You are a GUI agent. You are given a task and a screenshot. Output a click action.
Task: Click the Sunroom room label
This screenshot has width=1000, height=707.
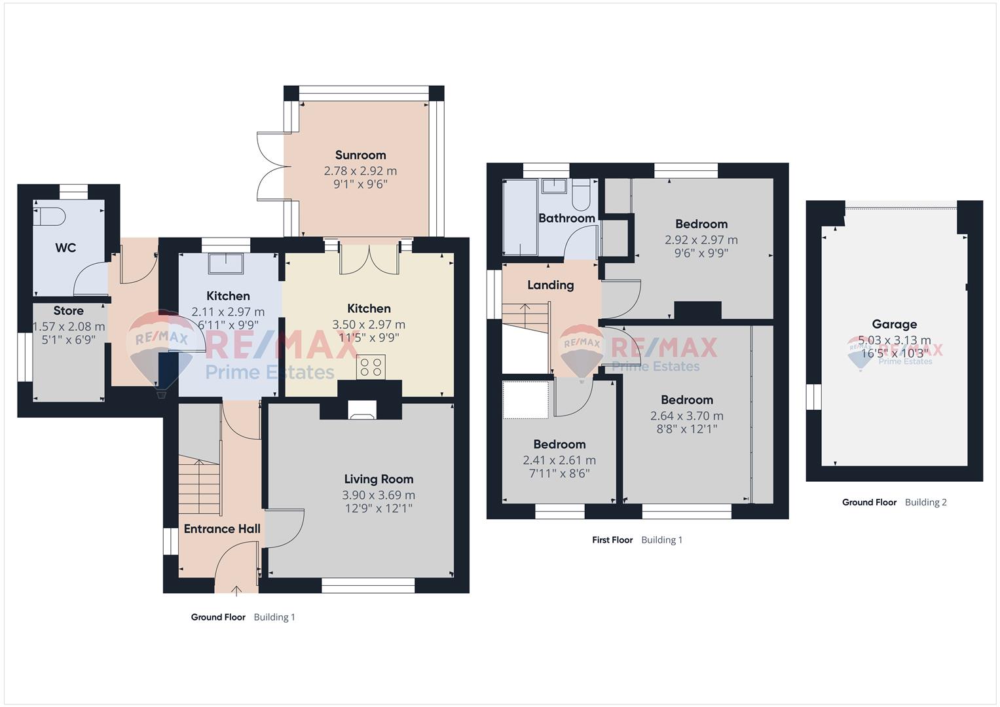pos(360,155)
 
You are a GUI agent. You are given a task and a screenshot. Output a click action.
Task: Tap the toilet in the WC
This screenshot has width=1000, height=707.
pos(49,217)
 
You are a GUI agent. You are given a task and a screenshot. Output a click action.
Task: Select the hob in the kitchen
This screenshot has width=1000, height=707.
pos(371,367)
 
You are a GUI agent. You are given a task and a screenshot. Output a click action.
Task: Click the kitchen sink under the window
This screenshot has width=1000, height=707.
pos(226,263)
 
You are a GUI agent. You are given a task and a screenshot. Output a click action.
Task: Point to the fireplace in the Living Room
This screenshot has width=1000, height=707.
pos(362,410)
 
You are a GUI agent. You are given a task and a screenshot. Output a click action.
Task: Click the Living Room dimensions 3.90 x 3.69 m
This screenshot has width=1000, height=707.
pos(379,495)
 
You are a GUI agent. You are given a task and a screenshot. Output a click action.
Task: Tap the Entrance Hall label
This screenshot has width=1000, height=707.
pos(222,529)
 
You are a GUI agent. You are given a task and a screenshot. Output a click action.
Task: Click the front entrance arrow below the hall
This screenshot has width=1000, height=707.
pos(236,591)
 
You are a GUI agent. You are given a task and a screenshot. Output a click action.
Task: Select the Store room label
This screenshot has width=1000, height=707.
pos(68,311)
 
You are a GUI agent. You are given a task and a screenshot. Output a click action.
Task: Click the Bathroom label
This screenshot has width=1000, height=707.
pos(566,218)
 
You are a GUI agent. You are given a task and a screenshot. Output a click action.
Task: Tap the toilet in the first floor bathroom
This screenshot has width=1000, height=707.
pos(581,194)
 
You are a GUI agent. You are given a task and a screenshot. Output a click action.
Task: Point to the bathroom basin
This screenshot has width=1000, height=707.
pos(554,186)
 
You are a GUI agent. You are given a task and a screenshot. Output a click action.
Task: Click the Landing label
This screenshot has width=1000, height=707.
pos(551,285)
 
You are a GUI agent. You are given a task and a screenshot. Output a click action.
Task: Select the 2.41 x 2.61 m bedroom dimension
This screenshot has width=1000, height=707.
pos(559,460)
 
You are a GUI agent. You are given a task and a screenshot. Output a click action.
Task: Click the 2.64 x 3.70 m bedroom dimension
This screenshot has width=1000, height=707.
pos(686,416)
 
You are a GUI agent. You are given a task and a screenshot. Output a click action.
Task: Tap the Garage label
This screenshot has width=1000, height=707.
pos(894,324)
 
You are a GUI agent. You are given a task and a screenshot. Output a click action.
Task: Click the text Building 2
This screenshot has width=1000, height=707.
pos(925,502)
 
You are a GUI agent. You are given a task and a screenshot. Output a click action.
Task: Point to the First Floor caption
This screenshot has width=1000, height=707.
pos(612,539)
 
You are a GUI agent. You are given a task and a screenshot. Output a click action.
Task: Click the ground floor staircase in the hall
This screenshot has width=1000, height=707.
pos(200,486)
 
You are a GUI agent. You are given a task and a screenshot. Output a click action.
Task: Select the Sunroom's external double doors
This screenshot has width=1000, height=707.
pos(271,166)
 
